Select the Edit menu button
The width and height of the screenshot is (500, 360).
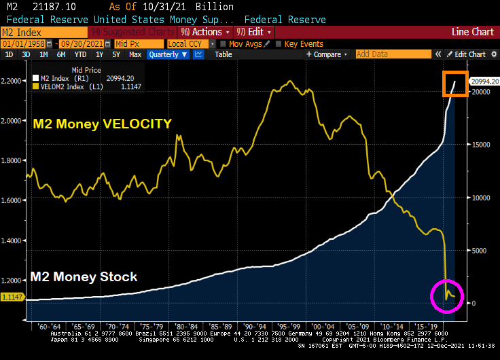click(254, 32)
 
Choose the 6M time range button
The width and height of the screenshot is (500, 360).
click(61, 54)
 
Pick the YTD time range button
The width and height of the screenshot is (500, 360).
click(80, 54)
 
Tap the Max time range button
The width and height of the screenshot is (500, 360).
click(135, 54)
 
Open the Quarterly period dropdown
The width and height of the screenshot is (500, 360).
click(167, 54)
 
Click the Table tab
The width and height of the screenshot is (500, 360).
click(224, 54)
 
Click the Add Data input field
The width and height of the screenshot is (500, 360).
click(397, 54)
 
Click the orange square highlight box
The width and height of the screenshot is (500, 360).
click(454, 84)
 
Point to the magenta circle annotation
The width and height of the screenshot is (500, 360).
click(447, 295)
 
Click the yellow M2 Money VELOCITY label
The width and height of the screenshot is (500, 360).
click(102, 123)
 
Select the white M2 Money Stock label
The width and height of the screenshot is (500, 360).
click(84, 276)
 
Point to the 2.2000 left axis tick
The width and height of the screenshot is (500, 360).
click(11, 82)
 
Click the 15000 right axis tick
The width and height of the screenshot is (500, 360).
click(482, 145)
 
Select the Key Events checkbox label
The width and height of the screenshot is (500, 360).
click(304, 43)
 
